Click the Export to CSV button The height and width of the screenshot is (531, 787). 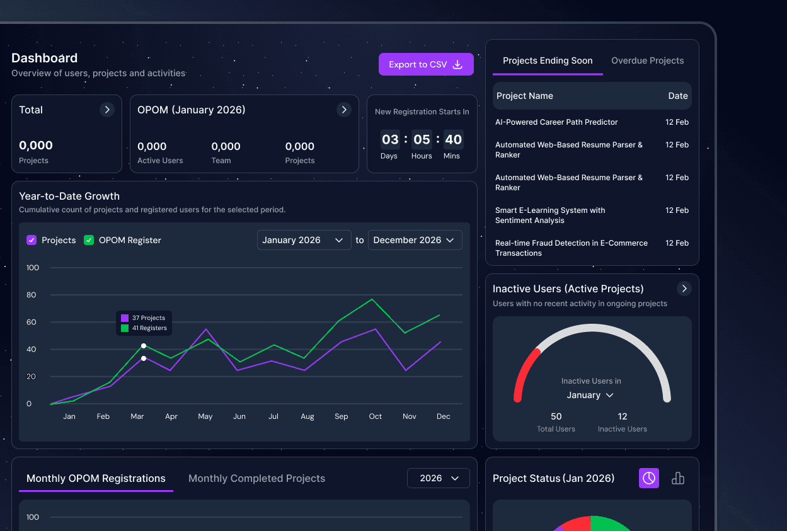click(426, 64)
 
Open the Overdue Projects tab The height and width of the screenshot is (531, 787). click(647, 61)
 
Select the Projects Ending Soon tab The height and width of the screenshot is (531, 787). click(548, 61)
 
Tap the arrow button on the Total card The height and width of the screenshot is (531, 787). click(107, 110)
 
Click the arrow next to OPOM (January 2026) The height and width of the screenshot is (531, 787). click(343, 110)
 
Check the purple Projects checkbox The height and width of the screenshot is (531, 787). click(32, 240)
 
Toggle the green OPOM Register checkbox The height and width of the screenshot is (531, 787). click(89, 240)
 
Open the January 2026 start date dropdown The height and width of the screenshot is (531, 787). click(304, 240)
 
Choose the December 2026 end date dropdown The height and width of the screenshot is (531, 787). click(415, 240)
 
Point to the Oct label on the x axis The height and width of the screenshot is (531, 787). click(376, 416)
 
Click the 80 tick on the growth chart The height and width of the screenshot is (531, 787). click(32, 295)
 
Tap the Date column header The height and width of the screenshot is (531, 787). click(678, 96)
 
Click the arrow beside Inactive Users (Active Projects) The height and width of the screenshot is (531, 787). click(684, 288)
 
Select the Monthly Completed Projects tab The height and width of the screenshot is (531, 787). click(256, 479)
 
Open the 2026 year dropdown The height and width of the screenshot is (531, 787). click(439, 478)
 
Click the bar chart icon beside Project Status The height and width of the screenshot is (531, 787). click(678, 478)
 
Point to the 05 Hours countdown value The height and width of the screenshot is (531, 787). click(422, 140)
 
